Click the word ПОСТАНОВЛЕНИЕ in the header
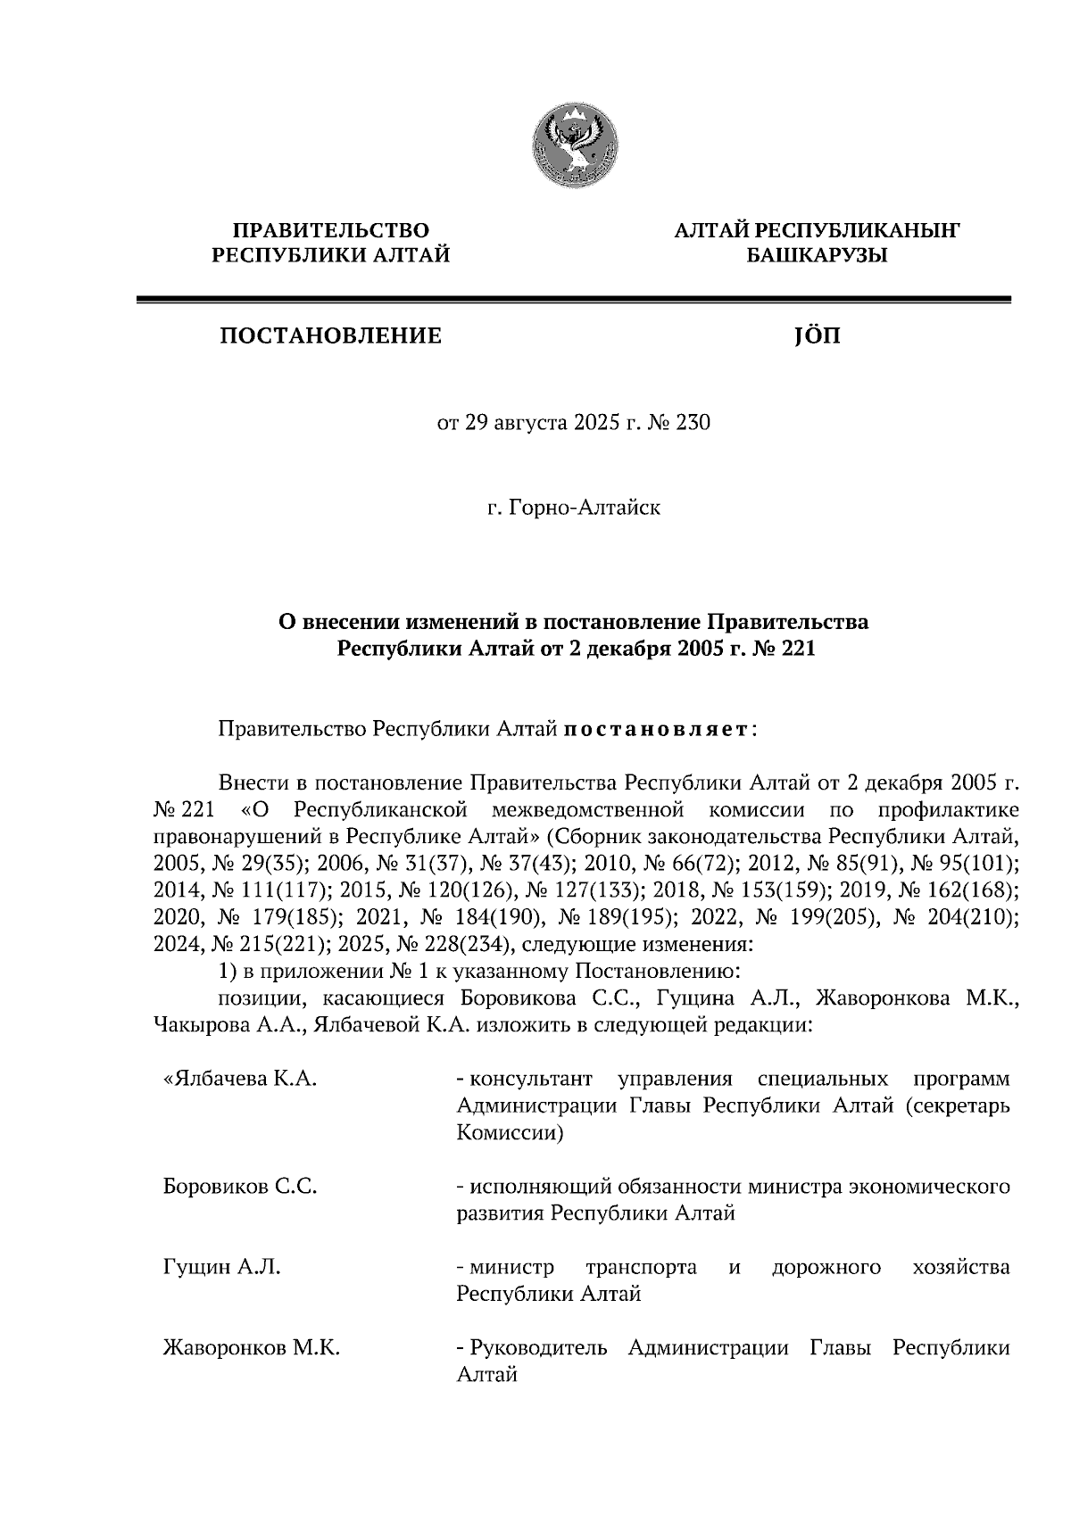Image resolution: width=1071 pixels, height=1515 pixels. (330, 336)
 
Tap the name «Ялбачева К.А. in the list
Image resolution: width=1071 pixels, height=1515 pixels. (240, 1079)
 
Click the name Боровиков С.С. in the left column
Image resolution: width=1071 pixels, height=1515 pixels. (240, 1187)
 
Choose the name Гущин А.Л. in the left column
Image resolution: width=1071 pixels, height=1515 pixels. (221, 1267)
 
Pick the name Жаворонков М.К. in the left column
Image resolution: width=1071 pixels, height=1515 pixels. (251, 1347)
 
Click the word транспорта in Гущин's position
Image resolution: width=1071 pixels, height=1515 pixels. (641, 1267)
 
